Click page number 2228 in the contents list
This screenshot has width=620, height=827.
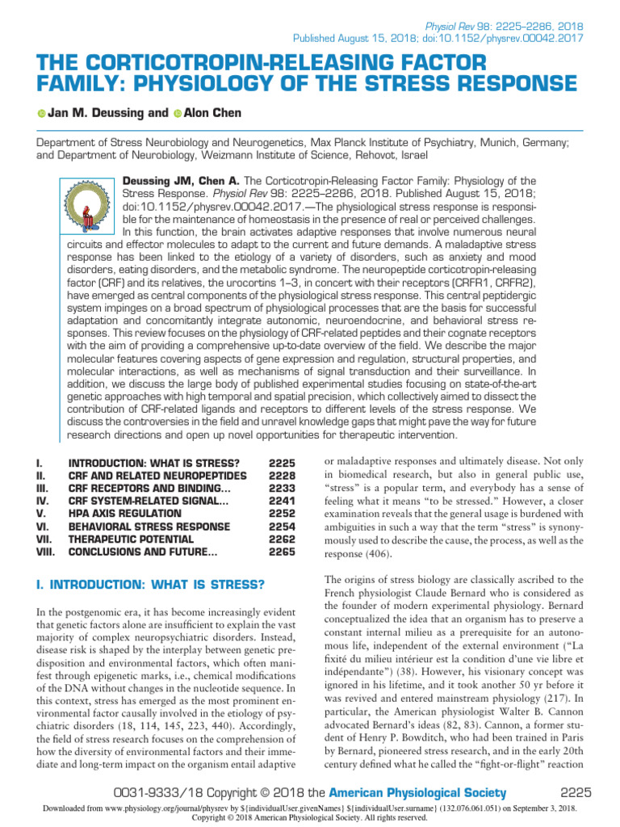point(283,476)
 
